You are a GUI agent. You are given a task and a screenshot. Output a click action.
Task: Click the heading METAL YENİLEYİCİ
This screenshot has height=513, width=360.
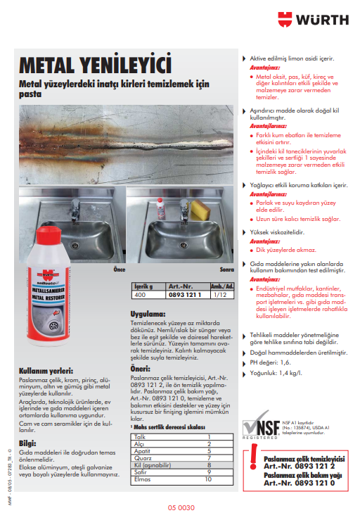point(96,65)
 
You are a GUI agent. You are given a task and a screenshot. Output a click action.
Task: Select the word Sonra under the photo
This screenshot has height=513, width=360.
point(226,269)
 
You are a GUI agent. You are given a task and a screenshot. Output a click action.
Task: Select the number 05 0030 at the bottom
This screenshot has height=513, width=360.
point(181,507)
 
